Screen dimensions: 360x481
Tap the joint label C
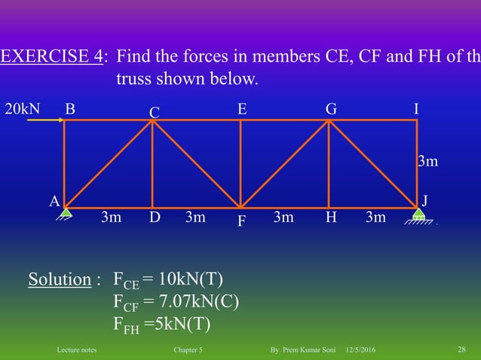(154, 112)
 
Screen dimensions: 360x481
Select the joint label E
(242, 108)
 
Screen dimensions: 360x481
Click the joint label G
(331, 108)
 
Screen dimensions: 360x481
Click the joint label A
(54, 201)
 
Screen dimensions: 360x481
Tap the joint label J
(426, 201)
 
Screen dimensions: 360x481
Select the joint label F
(241, 223)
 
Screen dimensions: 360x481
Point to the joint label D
(155, 218)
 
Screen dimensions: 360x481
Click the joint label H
(330, 218)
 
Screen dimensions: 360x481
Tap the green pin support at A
(66, 213)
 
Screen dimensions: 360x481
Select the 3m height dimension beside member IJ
(428, 161)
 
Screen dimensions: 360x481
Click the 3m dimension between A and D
(112, 218)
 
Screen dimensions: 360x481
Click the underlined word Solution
(60, 280)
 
